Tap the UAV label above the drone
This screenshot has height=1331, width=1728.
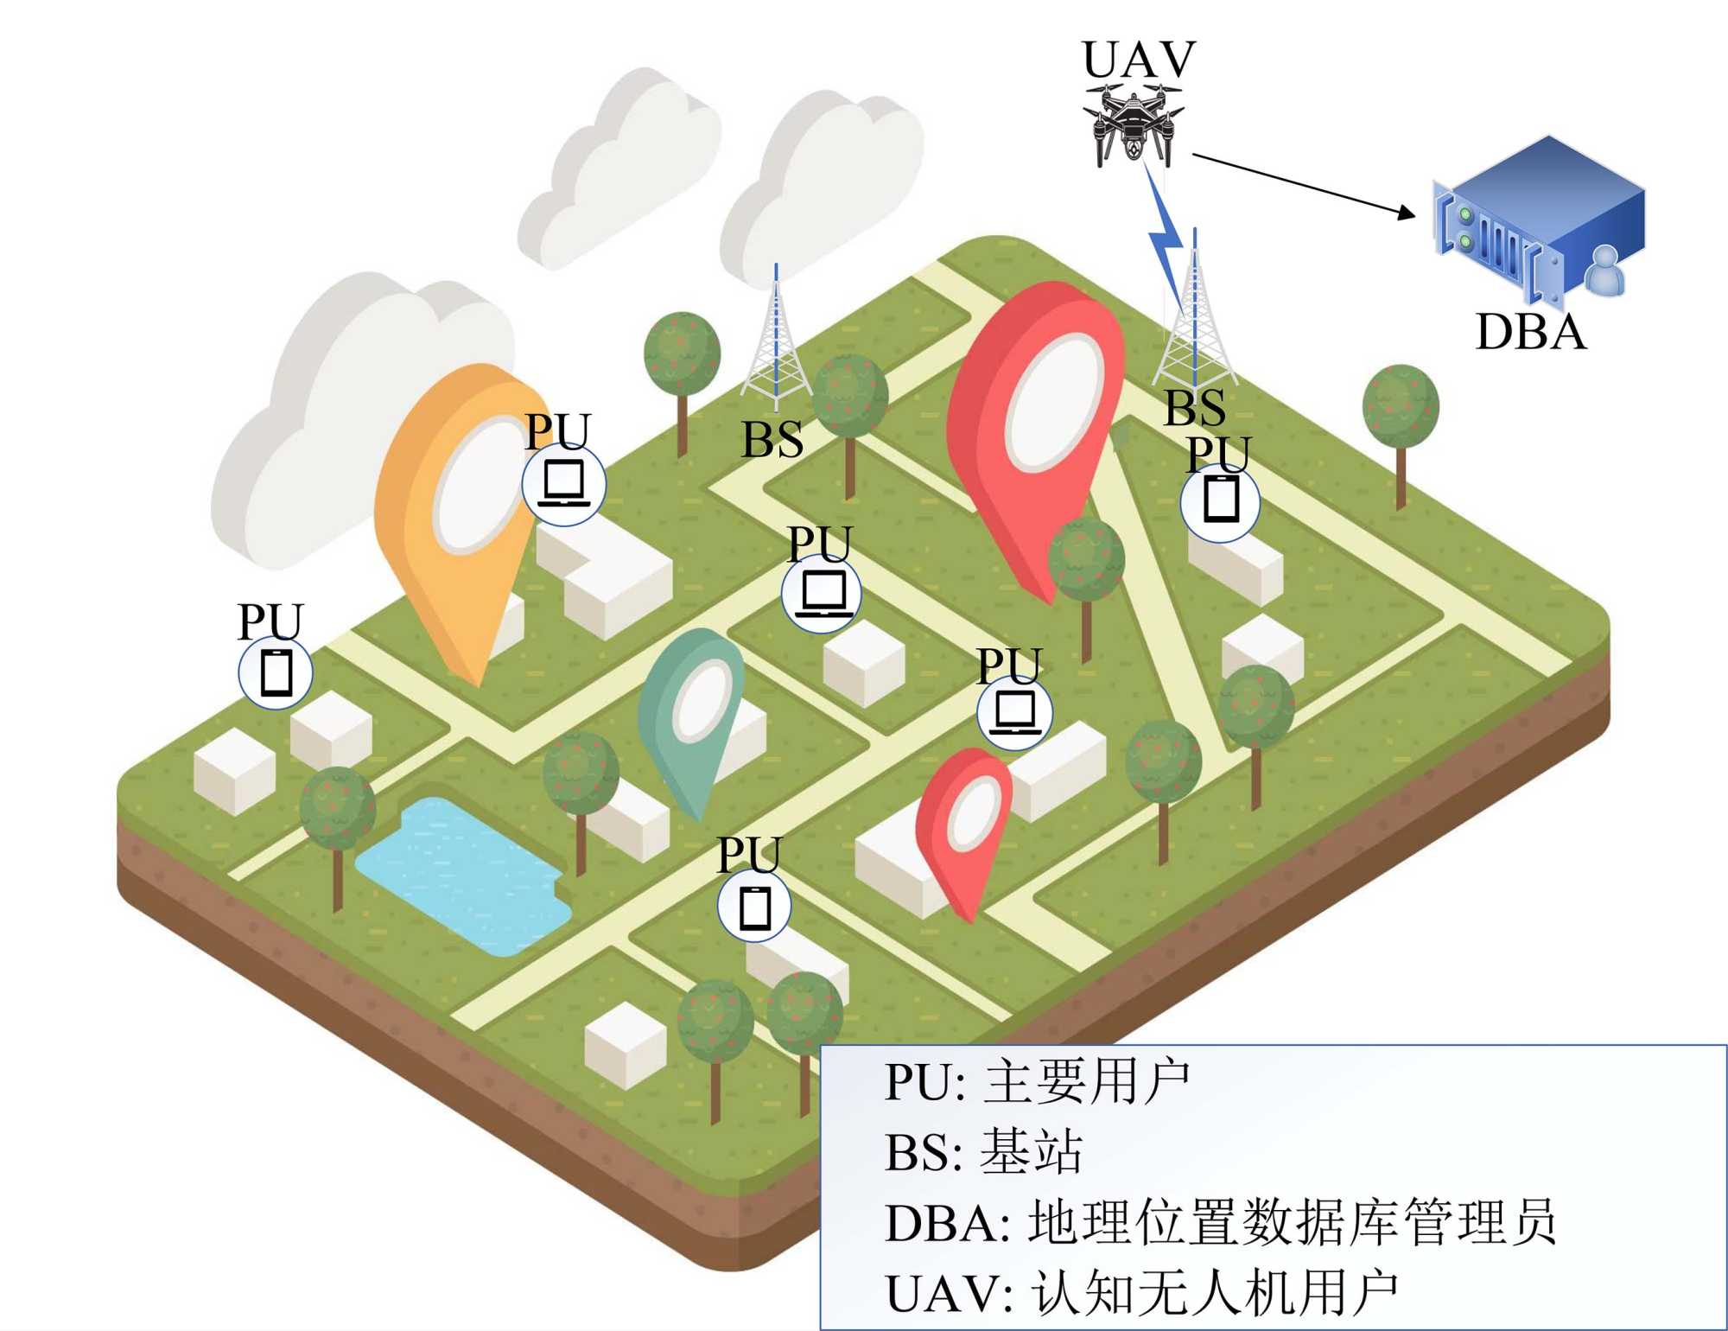(x=1139, y=60)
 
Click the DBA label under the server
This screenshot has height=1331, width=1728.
(x=1531, y=332)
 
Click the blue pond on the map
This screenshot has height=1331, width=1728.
(x=463, y=873)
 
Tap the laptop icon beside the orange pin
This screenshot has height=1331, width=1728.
(x=563, y=483)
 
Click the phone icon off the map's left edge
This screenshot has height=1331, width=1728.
(x=276, y=672)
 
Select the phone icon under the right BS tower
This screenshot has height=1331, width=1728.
(x=1220, y=500)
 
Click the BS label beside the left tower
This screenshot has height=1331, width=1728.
(x=772, y=440)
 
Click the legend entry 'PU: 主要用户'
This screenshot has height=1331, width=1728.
(x=1037, y=1082)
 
